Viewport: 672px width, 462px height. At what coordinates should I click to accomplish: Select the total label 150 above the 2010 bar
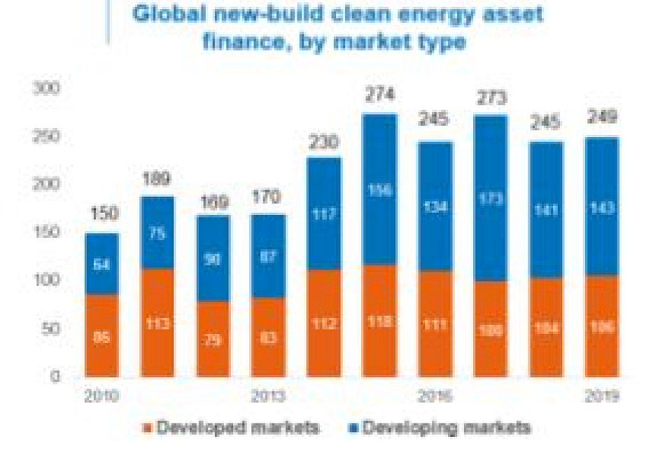pyautogui.click(x=102, y=213)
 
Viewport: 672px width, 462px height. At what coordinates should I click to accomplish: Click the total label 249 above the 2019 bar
pyautogui.click(x=601, y=118)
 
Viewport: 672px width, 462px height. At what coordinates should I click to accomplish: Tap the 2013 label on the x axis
pyautogui.click(x=269, y=397)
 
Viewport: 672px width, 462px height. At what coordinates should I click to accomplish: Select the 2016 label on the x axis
pyautogui.click(x=435, y=397)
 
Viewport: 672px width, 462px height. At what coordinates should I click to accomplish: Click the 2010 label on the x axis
pyautogui.click(x=102, y=397)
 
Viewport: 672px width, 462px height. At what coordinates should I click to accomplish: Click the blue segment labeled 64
pyautogui.click(x=102, y=264)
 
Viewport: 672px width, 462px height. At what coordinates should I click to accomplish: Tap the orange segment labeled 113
pyautogui.click(x=157, y=323)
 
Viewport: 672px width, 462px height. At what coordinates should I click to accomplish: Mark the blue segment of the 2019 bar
pyautogui.click(x=601, y=207)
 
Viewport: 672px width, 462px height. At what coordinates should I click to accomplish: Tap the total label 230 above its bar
pyautogui.click(x=323, y=142)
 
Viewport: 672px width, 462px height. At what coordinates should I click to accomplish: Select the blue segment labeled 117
pyautogui.click(x=323, y=214)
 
